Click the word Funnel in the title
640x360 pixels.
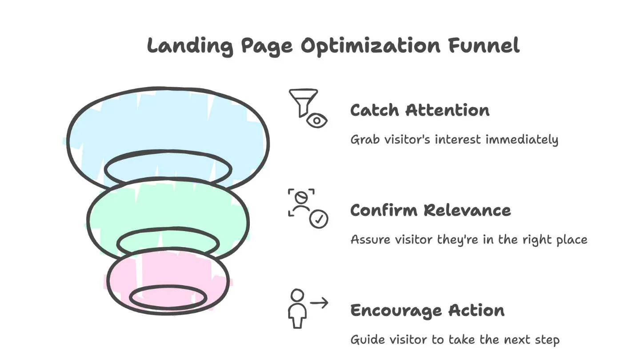pos(484,45)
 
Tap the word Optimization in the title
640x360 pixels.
pos(371,46)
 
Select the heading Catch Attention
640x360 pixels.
pos(420,110)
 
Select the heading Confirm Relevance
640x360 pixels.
pos(430,210)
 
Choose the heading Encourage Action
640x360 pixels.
pos(427,310)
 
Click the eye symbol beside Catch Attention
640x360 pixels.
pos(317,120)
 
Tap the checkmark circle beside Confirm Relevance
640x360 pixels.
pos(319,219)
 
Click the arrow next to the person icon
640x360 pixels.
pos(319,303)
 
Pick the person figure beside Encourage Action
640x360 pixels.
pos(297,309)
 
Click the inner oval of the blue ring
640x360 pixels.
pos(168,169)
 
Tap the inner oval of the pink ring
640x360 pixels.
pos(168,298)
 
